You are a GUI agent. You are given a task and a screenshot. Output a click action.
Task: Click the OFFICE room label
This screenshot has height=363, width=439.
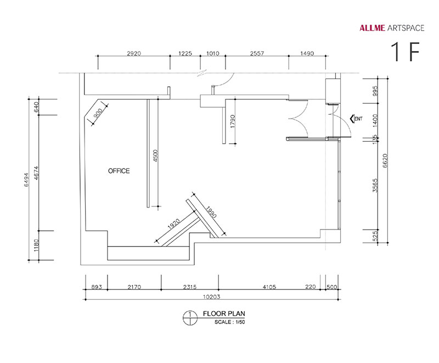point(119,171)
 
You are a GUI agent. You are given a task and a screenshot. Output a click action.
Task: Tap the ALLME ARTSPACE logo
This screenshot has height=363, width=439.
point(392,28)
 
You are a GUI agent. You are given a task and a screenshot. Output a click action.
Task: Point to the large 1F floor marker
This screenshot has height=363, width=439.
point(405,52)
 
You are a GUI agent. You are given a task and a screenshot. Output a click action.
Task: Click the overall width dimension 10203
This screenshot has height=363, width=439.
point(211,297)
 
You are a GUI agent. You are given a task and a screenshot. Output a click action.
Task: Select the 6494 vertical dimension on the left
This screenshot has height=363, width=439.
point(26,179)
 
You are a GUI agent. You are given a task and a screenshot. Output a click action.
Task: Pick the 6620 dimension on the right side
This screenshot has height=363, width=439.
point(385,161)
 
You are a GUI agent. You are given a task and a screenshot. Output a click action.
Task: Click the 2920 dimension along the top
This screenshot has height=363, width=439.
point(134,53)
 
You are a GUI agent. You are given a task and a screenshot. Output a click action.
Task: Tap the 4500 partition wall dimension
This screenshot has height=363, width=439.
point(156,156)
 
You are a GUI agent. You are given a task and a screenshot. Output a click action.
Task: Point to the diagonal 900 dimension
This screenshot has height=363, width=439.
point(98,113)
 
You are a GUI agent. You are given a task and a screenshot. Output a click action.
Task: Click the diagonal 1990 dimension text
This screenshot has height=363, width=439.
point(211,212)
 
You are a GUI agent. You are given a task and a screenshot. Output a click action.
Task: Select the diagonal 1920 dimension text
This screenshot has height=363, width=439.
point(173,224)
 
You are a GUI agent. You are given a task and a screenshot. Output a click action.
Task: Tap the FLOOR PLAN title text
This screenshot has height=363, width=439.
point(224,314)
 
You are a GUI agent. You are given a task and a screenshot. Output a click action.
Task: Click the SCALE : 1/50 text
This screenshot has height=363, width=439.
point(229,322)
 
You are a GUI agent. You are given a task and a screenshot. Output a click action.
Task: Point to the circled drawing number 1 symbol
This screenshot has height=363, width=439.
point(190,318)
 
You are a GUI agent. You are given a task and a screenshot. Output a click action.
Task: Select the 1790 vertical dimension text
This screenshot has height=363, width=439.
point(233,121)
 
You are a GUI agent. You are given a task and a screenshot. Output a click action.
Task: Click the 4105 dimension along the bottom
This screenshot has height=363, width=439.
point(269,287)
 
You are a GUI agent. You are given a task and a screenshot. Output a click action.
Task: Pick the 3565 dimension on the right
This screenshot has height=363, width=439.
point(375,186)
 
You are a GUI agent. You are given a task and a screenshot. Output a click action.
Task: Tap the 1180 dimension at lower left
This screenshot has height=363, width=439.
point(36,245)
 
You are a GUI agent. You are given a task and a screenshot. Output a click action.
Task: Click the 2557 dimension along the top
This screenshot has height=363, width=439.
point(257,53)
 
